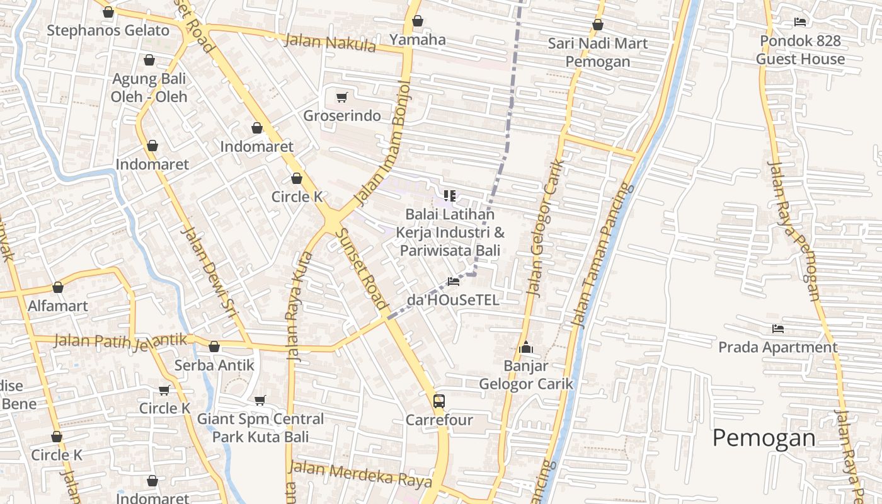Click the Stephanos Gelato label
[108, 30]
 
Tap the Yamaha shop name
[417, 40]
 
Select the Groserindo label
[342, 116]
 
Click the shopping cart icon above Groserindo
[341, 97]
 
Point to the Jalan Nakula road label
[330, 43]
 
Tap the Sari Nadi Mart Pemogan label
[597, 52]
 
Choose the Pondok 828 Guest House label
[800, 50]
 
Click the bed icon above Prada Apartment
[778, 328]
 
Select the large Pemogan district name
[764, 438]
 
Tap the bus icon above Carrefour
[439, 401]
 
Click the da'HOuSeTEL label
[453, 300]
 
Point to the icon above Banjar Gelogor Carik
[526, 347]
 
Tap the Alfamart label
[58, 306]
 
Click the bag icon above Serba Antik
[214, 346]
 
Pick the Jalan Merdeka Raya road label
[360, 474]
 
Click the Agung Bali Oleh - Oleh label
[149, 88]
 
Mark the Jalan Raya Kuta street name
[300, 306]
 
